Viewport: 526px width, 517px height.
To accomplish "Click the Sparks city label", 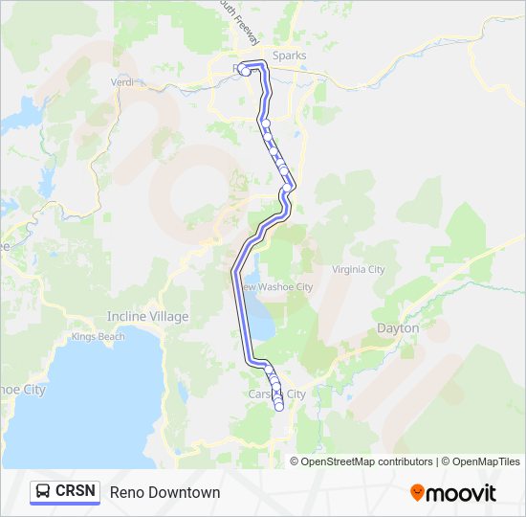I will pos(289,56).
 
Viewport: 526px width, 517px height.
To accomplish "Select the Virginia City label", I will pos(359,270).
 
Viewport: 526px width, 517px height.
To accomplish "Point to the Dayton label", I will pos(398,327).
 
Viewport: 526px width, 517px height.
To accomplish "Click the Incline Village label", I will pos(147,316).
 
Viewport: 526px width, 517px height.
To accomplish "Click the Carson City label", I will pos(277,393).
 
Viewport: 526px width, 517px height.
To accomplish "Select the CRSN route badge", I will pos(65,491).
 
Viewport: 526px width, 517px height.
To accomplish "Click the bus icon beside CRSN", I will pos(44,491).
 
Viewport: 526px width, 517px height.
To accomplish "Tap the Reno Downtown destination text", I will pos(164,492).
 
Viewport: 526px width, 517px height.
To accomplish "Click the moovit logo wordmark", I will pos(461,493).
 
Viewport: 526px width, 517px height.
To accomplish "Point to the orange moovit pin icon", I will pos(417,493).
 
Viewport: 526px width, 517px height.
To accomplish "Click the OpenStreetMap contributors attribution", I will pos(366,461).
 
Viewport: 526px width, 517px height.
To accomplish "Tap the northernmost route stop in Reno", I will pos(246,71).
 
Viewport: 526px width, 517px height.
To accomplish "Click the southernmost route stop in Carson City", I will pos(279,407).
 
